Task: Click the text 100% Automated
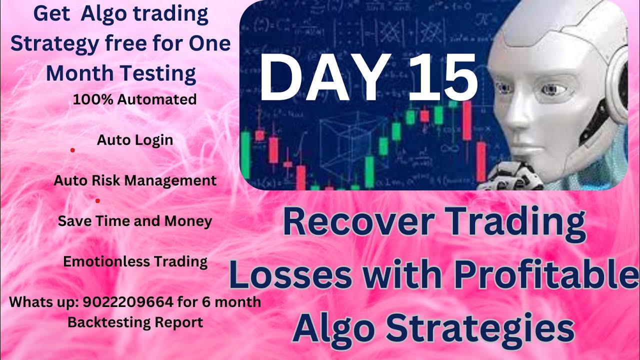(x=134, y=99)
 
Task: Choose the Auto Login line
(x=135, y=140)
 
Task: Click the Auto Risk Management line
(x=135, y=180)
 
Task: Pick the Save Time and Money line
(x=135, y=221)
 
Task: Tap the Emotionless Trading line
(x=135, y=261)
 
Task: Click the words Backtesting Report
(x=135, y=322)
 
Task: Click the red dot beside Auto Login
(x=72, y=149)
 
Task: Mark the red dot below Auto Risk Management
(x=97, y=201)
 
